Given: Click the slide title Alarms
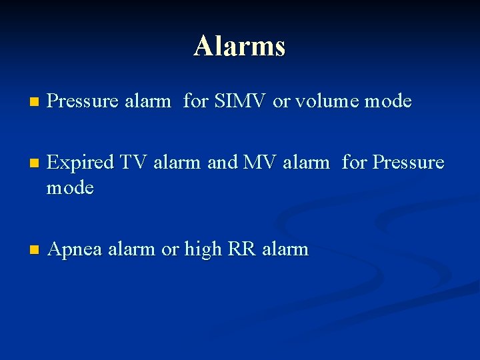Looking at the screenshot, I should (x=240, y=46).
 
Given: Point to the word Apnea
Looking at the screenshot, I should (x=75, y=249).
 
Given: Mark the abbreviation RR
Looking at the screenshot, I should (x=243, y=249).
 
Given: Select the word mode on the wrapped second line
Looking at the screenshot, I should (x=70, y=188).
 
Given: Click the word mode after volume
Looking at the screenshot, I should (x=388, y=101).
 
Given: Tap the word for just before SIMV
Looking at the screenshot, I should (x=195, y=101).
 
